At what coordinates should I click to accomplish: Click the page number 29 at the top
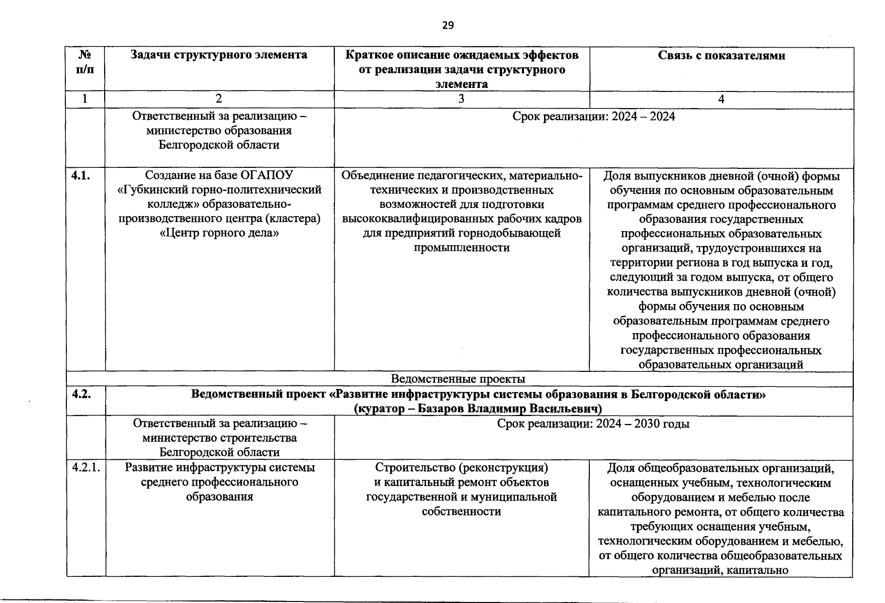[448, 25]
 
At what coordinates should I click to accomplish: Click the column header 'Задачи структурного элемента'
[219, 55]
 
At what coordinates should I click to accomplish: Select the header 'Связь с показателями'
[721, 55]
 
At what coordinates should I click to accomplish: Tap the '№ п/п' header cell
[85, 62]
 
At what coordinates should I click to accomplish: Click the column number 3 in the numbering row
[461, 99]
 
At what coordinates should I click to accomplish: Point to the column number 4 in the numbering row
[721, 99]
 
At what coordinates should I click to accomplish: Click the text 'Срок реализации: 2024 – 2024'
[593, 117]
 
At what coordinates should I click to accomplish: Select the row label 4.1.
[81, 175]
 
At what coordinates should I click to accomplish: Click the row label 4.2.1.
[86, 467]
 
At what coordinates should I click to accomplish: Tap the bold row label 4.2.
[81, 394]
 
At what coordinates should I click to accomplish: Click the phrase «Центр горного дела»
[219, 233]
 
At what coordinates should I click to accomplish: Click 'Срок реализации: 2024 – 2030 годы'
[593, 424]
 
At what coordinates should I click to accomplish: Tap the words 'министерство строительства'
[220, 438]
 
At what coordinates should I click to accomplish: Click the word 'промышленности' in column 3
[461, 248]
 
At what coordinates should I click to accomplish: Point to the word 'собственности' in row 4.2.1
[461, 512]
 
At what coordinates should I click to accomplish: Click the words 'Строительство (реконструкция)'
[461, 468]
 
